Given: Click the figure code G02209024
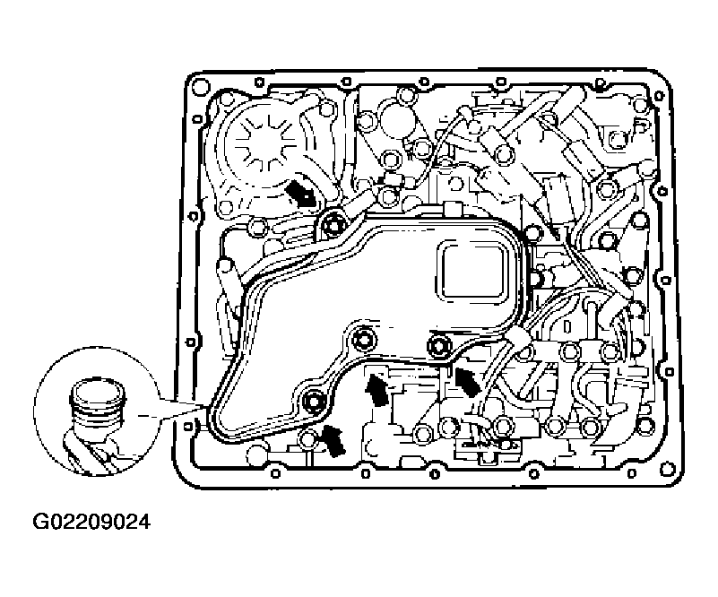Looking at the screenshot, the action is pyautogui.click(x=91, y=522).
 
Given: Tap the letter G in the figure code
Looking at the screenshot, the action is pyautogui.click(x=39, y=522).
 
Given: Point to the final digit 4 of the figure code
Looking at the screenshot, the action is pyautogui.click(x=143, y=522).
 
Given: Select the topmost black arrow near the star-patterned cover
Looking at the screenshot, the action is pyautogui.click(x=300, y=194).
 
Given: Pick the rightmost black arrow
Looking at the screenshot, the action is pyautogui.click(x=467, y=381).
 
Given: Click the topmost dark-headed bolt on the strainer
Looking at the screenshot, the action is pyautogui.click(x=330, y=224).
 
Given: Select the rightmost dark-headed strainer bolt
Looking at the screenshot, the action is pyautogui.click(x=438, y=346).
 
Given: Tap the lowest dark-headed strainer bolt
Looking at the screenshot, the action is pyautogui.click(x=314, y=402).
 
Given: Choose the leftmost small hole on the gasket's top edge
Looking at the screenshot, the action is pyautogui.click(x=259, y=82).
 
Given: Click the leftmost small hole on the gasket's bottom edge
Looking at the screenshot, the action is pyautogui.click(x=274, y=473).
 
